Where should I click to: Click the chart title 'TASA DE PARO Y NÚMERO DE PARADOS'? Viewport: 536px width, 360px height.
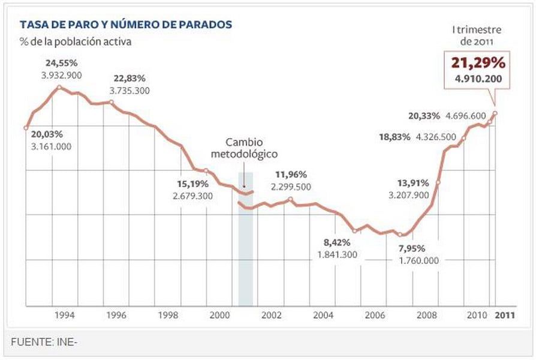click(x=126, y=25)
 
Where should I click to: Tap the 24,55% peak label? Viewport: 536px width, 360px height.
click(x=62, y=63)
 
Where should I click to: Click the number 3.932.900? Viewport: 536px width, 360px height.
click(x=62, y=75)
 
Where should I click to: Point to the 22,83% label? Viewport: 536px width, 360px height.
click(x=130, y=79)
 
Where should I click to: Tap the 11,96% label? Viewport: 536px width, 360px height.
click(x=291, y=175)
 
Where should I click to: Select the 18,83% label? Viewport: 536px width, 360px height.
click(x=395, y=137)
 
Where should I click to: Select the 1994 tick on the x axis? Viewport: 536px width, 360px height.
click(x=65, y=315)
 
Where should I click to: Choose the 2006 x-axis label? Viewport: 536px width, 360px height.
click(x=375, y=315)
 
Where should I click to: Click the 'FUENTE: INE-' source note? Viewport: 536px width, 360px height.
click(x=45, y=342)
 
